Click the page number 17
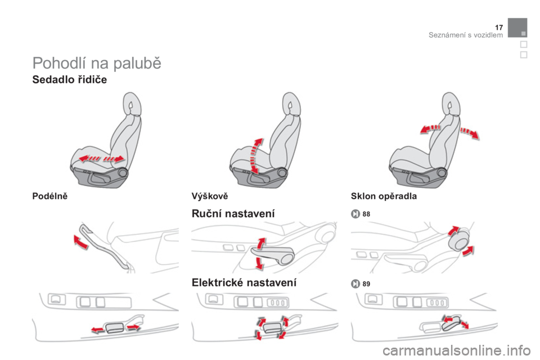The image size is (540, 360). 499,28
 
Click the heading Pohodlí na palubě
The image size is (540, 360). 97,63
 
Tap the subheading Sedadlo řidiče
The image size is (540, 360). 70,79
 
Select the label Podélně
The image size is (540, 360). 50,196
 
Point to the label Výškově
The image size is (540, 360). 210,196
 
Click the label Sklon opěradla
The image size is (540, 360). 384,196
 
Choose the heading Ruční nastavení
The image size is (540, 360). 233,214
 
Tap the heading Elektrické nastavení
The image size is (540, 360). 244,282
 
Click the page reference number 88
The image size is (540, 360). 366,214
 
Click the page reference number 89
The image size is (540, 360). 366,284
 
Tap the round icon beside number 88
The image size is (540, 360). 355,214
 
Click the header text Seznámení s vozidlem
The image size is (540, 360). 466,35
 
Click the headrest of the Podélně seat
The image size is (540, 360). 132,103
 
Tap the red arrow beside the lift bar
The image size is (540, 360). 81,241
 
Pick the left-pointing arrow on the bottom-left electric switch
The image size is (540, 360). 98,330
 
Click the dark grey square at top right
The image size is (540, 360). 517,28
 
